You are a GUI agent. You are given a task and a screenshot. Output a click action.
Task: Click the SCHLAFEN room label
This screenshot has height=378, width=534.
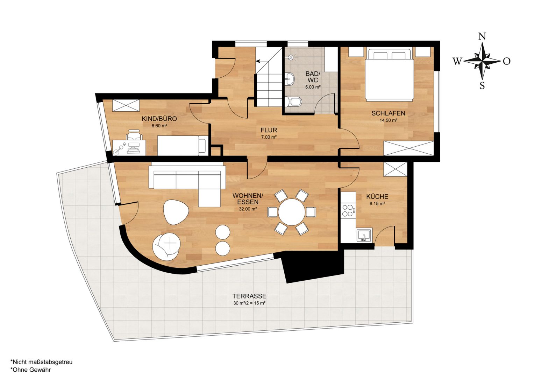click(x=388, y=113)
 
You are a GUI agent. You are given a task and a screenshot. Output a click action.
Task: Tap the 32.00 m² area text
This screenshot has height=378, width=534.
click(x=248, y=209)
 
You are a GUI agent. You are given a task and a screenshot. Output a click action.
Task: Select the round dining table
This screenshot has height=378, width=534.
click(x=292, y=212)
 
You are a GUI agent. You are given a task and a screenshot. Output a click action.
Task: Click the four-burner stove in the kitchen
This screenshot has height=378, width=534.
click(x=347, y=210)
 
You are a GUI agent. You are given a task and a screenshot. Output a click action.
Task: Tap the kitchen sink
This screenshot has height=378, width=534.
click(x=364, y=236)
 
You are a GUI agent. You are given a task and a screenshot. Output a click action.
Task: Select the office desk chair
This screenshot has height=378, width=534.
click(x=134, y=135)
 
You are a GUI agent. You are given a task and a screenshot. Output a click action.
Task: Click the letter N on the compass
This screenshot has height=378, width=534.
click(x=482, y=36)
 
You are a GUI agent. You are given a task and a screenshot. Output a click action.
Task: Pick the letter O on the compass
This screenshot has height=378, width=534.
click(x=507, y=61)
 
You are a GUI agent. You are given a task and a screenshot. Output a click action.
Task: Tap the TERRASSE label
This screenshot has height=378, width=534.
click(x=249, y=296)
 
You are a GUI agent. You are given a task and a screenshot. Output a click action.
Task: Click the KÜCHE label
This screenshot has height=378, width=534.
click(x=377, y=197)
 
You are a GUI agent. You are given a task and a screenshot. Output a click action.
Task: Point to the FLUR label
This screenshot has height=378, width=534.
click(x=269, y=130)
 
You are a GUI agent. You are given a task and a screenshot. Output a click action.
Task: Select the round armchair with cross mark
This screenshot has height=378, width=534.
click(x=167, y=246)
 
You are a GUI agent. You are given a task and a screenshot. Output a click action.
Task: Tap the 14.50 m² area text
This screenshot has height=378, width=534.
click(x=388, y=120)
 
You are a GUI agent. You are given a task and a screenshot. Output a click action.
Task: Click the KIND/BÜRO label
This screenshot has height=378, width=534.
click(x=159, y=119)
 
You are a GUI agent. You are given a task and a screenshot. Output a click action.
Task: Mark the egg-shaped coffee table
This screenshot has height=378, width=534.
click(x=176, y=212)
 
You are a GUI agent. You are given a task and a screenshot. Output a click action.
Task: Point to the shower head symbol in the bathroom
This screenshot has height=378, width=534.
click(x=290, y=57)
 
